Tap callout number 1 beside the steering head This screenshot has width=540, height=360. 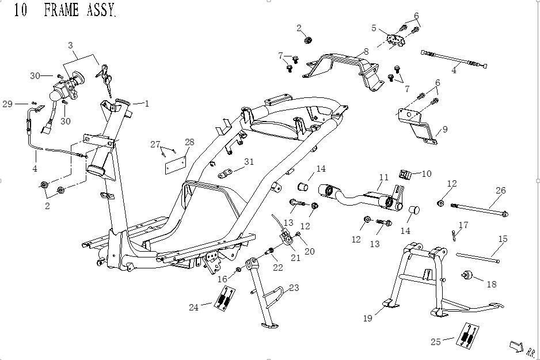tap(147, 104)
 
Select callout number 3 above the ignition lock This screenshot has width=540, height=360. tap(71, 46)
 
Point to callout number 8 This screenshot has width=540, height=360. tap(366, 52)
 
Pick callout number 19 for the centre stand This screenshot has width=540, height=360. tap(367, 318)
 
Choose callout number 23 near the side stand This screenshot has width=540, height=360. tap(294, 287)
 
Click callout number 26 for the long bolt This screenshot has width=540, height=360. tap(500, 191)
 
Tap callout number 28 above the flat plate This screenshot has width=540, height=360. tap(189, 142)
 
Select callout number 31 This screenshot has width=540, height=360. tap(249, 162)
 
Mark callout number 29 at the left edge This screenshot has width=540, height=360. tap(7, 104)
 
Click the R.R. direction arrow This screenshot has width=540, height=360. tap(516, 346)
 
